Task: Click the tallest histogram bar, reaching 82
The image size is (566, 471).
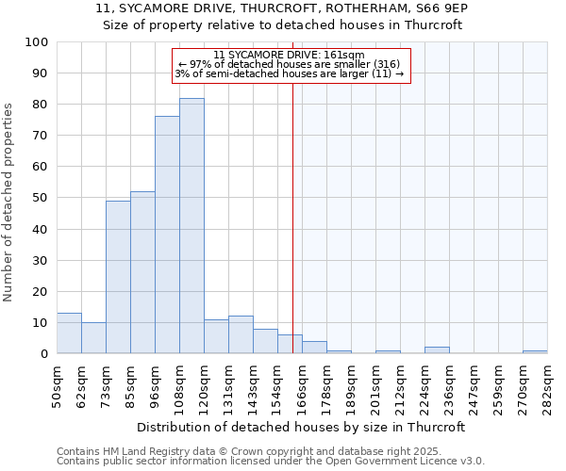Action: point(191,226)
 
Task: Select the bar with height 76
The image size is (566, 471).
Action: point(167,235)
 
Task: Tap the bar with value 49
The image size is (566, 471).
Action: point(118,277)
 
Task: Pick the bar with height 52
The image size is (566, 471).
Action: point(142,272)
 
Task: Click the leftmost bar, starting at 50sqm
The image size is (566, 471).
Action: point(69,333)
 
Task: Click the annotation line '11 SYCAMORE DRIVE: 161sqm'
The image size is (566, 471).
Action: point(289,56)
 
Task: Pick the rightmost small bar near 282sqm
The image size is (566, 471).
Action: point(535,352)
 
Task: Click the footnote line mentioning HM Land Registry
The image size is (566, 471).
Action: point(249,451)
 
